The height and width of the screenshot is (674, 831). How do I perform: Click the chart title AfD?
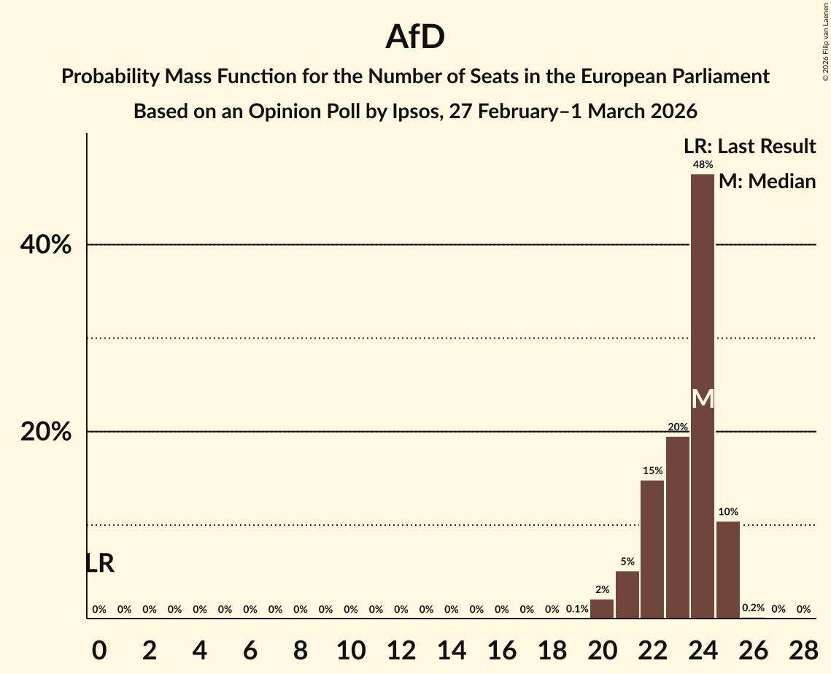(x=415, y=36)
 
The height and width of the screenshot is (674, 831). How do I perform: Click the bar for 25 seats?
(x=727, y=570)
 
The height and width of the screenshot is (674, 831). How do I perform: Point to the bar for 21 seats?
(x=627, y=594)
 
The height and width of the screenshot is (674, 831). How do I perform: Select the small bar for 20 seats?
(x=602, y=608)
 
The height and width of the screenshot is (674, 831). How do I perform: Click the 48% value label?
(x=703, y=165)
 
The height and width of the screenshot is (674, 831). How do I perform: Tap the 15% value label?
(x=652, y=471)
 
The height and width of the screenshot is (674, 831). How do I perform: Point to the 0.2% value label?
(x=753, y=608)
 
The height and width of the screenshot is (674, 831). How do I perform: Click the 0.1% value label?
(x=577, y=609)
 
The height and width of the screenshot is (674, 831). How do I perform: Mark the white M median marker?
(x=703, y=398)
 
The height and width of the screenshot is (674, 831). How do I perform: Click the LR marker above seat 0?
(x=99, y=564)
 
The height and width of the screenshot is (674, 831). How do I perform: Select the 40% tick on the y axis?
(x=46, y=245)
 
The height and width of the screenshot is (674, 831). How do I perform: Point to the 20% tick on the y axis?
(x=46, y=432)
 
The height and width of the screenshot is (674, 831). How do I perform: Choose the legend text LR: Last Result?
(x=749, y=147)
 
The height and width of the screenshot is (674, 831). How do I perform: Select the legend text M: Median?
(x=767, y=182)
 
